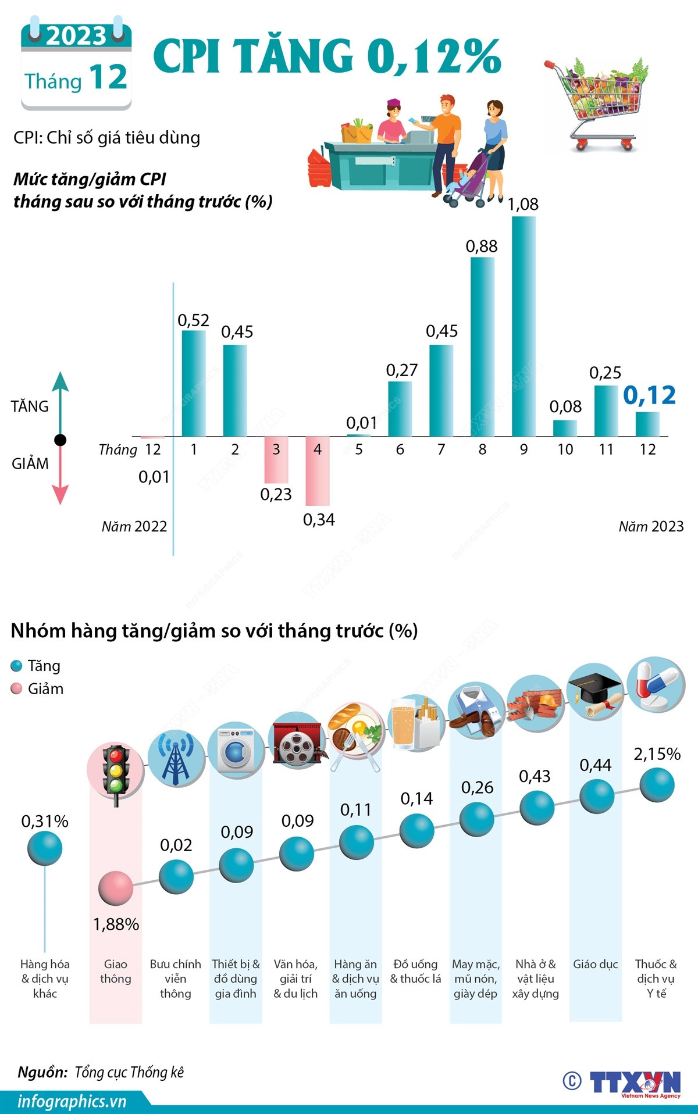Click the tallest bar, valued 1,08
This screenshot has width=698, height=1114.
pyautogui.click(x=523, y=326)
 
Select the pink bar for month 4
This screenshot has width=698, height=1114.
pyautogui.click(x=318, y=470)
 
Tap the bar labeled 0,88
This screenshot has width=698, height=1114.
pyautogui.click(x=482, y=347)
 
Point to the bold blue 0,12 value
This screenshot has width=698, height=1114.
pyautogui.click(x=649, y=395)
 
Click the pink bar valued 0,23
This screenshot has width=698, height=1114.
pyautogui.click(x=276, y=459)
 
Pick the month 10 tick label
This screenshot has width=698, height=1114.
pyautogui.click(x=565, y=449)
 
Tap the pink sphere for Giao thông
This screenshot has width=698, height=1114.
pyautogui.click(x=116, y=888)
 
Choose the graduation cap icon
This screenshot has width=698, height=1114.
pyautogui.click(x=594, y=695)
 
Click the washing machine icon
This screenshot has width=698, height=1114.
pyautogui.click(x=236, y=751)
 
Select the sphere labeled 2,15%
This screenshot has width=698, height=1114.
pyautogui.click(x=657, y=784)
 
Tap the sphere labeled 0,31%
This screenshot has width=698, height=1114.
pyautogui.click(x=45, y=848)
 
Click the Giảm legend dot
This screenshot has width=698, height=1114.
pyautogui.click(x=17, y=689)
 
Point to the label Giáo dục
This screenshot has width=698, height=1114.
pyautogui.click(x=595, y=964)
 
